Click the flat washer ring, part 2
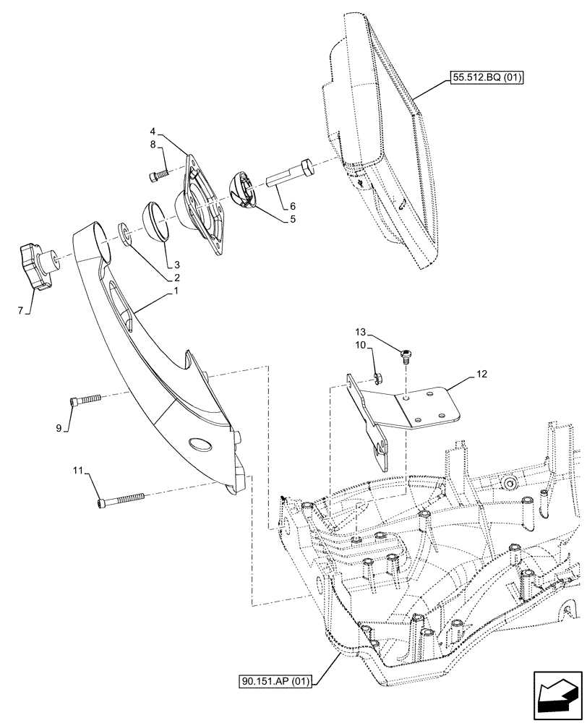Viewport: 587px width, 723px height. click(126, 234)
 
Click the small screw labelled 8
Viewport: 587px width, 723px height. click(159, 174)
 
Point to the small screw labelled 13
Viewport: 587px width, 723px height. click(408, 353)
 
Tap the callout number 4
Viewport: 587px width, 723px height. click(153, 132)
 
